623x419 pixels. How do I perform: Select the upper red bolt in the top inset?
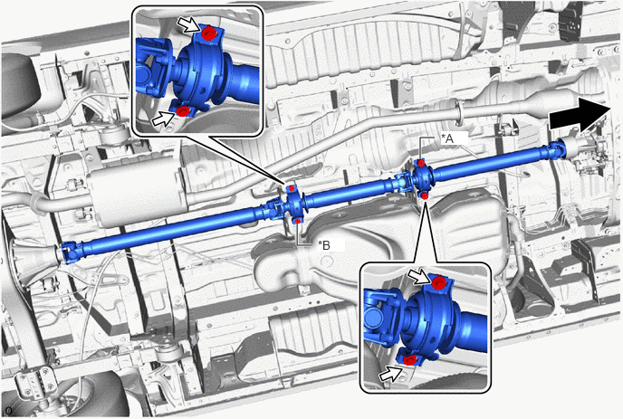tap(206, 33)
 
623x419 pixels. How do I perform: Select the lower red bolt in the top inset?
tap(182, 111)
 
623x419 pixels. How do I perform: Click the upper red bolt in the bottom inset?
tap(438, 282)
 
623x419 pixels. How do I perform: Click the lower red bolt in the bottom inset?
tap(409, 360)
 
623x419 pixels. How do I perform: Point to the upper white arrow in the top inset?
tap(187, 25)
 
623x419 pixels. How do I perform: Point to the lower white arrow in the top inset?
tap(163, 119)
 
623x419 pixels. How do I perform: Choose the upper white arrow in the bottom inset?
tap(418, 277)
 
